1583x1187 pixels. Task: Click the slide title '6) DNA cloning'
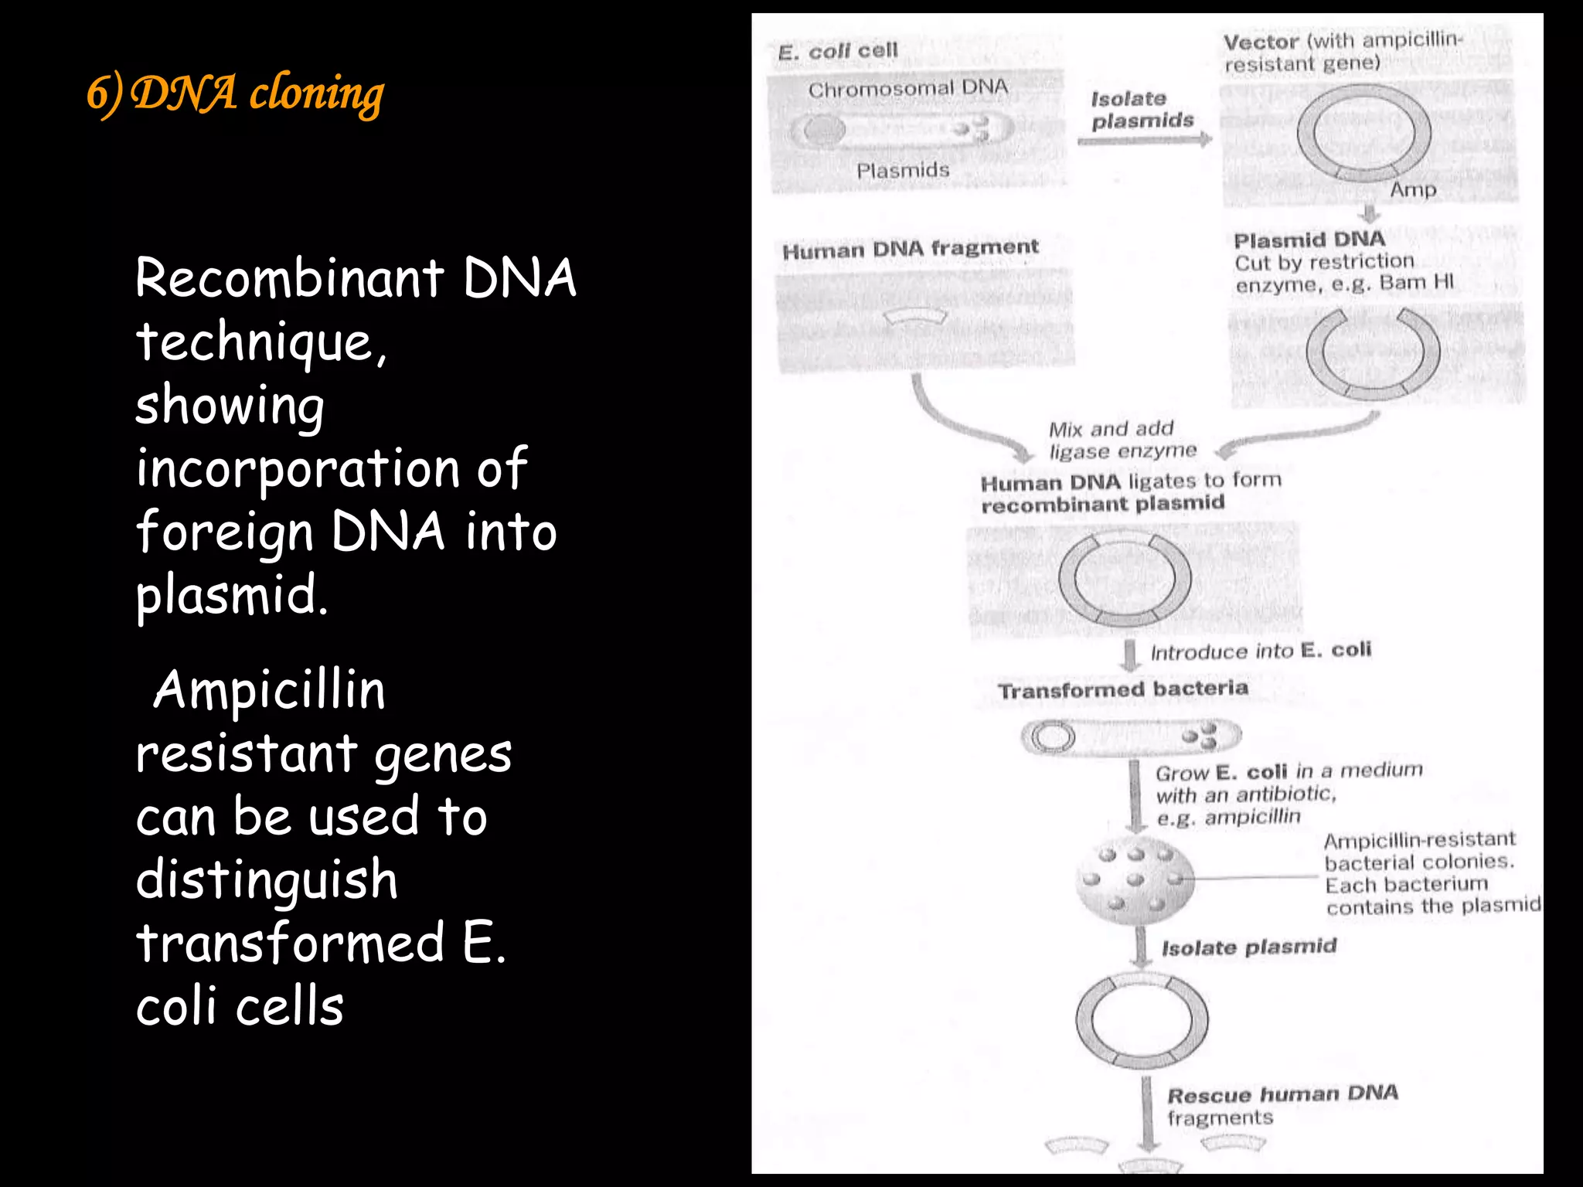point(235,94)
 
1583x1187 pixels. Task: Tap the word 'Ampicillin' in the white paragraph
point(269,690)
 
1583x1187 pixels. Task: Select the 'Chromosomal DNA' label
point(908,89)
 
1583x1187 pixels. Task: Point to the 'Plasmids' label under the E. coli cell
point(903,170)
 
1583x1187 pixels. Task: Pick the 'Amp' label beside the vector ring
point(1413,189)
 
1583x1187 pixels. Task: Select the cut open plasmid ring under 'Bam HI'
point(1373,353)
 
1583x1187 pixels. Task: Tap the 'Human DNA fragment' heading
point(910,250)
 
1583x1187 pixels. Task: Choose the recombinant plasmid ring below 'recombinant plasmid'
point(1125,580)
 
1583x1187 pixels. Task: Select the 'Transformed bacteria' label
point(1122,689)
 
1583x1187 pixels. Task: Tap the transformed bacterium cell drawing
point(1131,736)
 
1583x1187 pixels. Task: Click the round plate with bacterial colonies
point(1135,880)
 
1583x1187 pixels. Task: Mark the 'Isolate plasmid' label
point(1248,947)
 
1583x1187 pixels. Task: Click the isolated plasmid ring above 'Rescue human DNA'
point(1142,1021)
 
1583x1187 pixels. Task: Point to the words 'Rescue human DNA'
point(1282,1094)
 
